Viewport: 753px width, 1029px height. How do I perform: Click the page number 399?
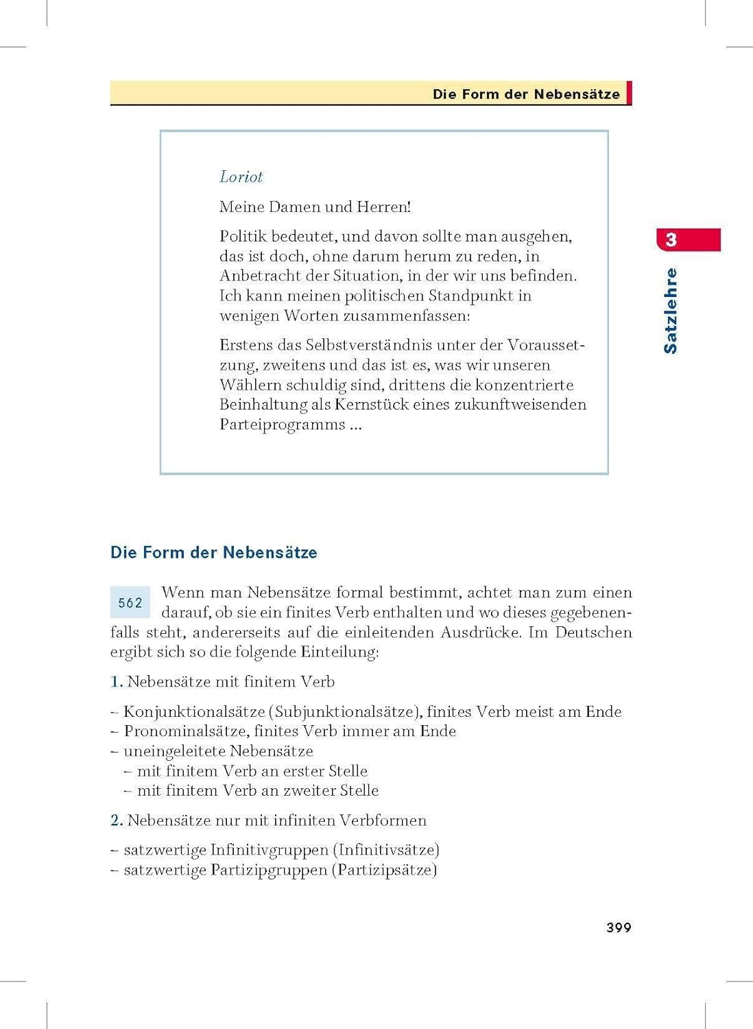pyautogui.click(x=619, y=927)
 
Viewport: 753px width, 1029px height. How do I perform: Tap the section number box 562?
pyautogui.click(x=130, y=603)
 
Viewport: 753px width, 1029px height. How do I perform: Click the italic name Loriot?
pyautogui.click(x=241, y=177)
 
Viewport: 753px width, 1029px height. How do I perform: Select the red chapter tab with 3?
pyautogui.click(x=689, y=240)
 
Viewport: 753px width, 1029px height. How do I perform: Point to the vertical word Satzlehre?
pyautogui.click(x=671, y=311)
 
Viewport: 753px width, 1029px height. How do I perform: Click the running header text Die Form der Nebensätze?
pyautogui.click(x=526, y=94)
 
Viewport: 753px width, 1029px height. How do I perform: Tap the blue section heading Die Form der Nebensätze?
pyautogui.click(x=214, y=553)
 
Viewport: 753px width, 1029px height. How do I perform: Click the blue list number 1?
pyautogui.click(x=117, y=682)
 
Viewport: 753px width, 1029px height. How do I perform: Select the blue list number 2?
pyautogui.click(x=117, y=820)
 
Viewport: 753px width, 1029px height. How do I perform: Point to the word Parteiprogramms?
pyautogui.click(x=282, y=425)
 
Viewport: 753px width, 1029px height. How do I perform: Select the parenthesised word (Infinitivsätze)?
pyautogui.click(x=386, y=850)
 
